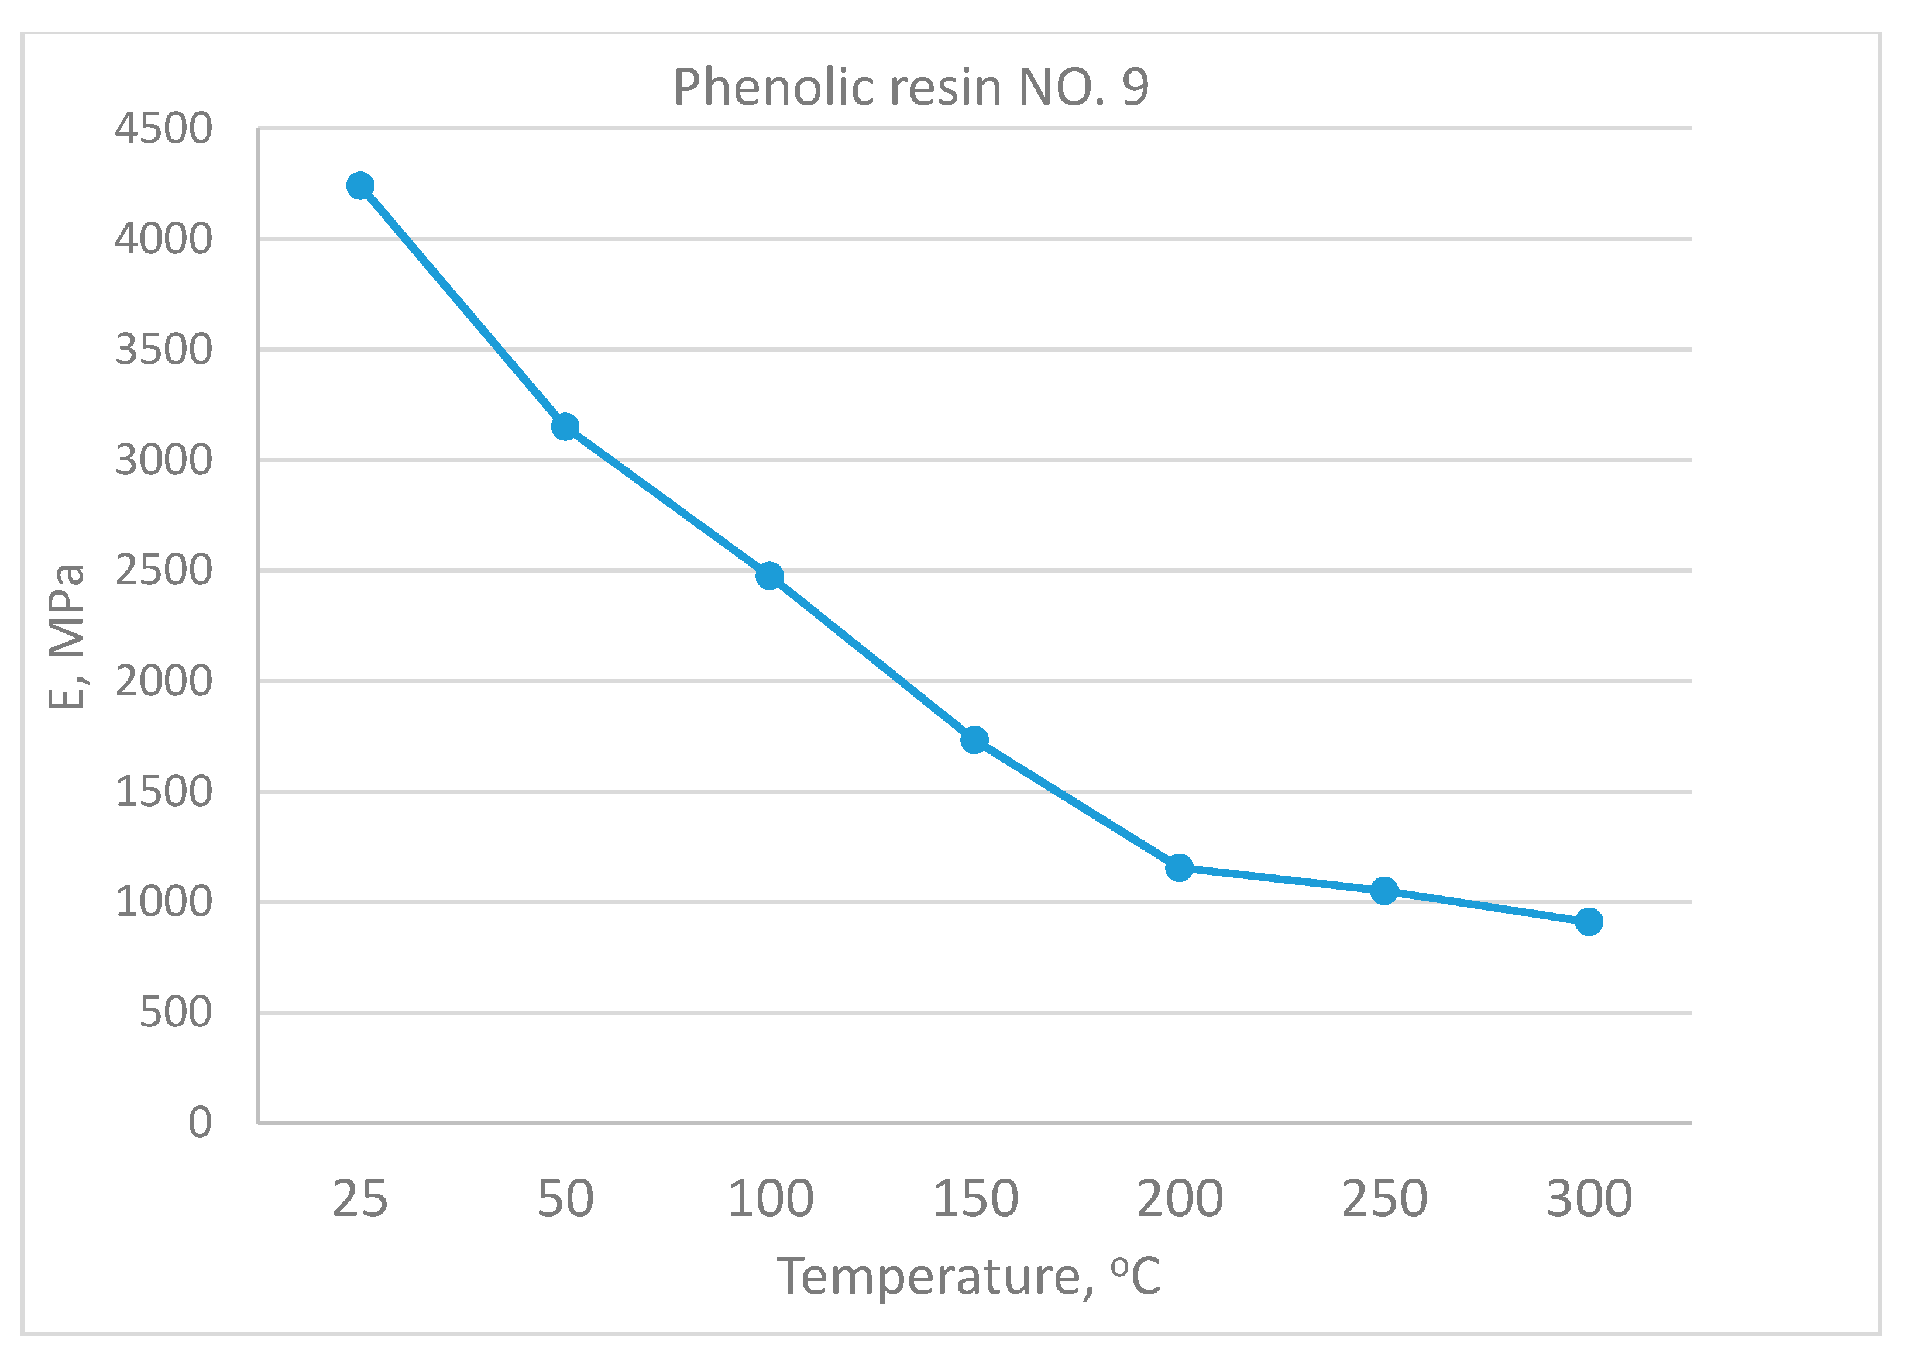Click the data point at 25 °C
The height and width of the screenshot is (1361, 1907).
point(360,185)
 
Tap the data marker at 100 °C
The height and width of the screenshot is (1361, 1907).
point(769,576)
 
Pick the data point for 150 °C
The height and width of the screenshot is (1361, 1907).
point(974,740)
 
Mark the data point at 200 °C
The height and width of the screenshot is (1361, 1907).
point(1180,868)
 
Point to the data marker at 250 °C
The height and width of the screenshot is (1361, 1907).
point(1384,891)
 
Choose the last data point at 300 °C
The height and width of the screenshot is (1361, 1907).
point(1589,922)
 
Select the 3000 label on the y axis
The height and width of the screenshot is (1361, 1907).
point(163,460)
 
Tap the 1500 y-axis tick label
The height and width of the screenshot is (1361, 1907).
point(163,792)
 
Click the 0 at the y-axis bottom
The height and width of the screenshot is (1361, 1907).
point(200,1122)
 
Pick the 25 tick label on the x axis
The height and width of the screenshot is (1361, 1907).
point(360,1198)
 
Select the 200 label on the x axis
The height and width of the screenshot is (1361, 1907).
point(1180,1198)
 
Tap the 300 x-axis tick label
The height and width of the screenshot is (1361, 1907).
point(1589,1198)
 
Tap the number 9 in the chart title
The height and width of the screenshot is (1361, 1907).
point(1135,87)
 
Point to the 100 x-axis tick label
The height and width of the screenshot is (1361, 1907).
point(769,1198)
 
